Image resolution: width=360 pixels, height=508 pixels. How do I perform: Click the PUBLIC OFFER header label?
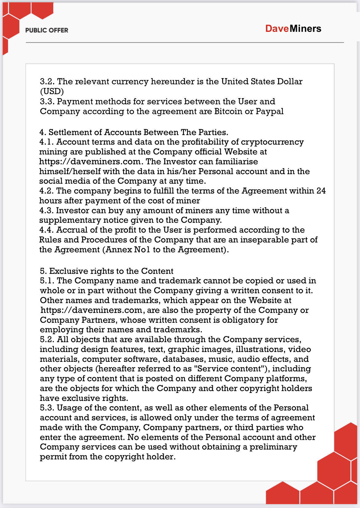pyautogui.click(x=47, y=30)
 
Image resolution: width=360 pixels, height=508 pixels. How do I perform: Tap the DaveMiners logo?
pyautogui.click(x=293, y=29)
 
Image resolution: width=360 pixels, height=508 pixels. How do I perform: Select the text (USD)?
pyautogui.click(x=52, y=91)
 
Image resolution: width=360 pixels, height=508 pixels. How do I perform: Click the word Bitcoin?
pyautogui.click(x=228, y=111)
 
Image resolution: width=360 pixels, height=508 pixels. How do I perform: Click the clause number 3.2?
pyautogui.click(x=47, y=82)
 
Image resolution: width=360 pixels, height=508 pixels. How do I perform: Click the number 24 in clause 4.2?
pyautogui.click(x=321, y=191)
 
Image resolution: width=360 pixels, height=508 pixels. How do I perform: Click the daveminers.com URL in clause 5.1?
pyautogui.click(x=92, y=310)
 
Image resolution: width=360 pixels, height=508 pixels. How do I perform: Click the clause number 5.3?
pyautogui.click(x=47, y=408)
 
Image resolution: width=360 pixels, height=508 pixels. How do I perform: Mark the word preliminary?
pyautogui.click(x=273, y=447)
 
